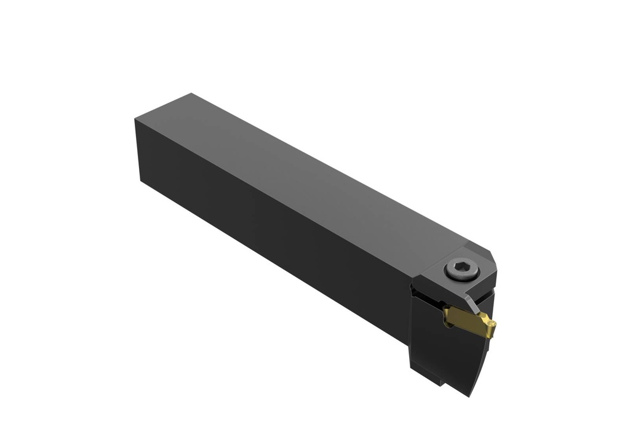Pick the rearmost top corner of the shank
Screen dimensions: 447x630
click(x=191, y=94)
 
